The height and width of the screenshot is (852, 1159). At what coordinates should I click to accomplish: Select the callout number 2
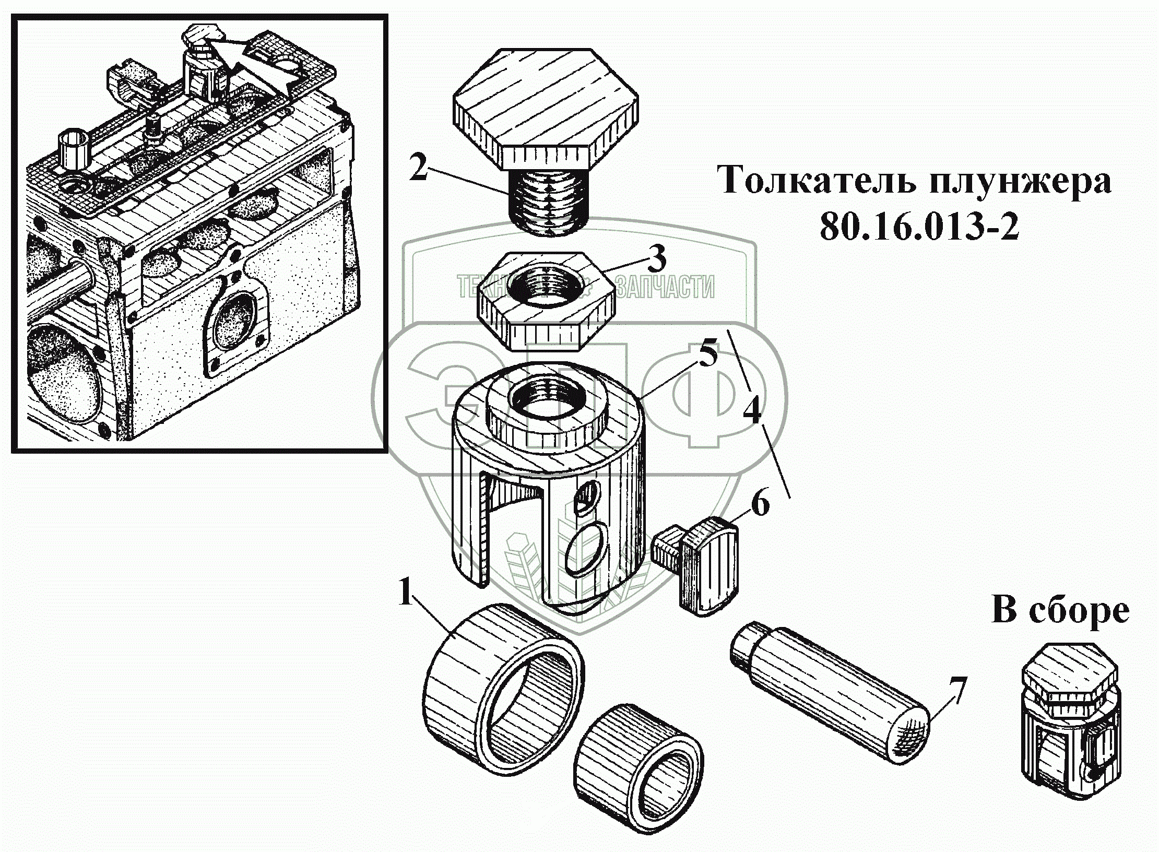pyautogui.click(x=419, y=167)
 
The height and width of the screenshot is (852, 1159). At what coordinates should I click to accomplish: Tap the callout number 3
pyautogui.click(x=656, y=259)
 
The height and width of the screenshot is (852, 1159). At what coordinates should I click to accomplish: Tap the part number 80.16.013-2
pyautogui.click(x=919, y=227)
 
